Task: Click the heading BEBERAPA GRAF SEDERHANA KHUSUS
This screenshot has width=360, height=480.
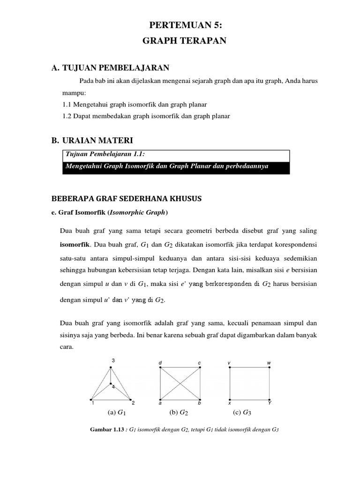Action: pyautogui.click(x=126, y=198)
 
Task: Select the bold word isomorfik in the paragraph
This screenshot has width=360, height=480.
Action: pyautogui.click(x=76, y=244)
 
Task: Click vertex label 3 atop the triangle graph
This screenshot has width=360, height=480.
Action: pyautogui.click(x=113, y=360)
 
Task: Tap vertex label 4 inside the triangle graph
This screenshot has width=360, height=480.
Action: pyautogui.click(x=113, y=386)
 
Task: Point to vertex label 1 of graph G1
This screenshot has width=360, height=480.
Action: pyautogui.click(x=93, y=403)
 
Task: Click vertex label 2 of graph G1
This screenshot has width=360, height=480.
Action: pyautogui.click(x=133, y=403)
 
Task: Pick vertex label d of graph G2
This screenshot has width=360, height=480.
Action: pyautogui.click(x=160, y=363)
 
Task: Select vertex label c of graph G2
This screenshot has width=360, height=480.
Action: pyautogui.click(x=199, y=363)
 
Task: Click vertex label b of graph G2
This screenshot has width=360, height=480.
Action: pyautogui.click(x=199, y=403)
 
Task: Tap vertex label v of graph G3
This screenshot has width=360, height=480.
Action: pyautogui.click(x=229, y=363)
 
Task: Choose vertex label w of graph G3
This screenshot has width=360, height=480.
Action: pyautogui.click(x=269, y=363)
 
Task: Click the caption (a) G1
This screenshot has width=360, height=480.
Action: pyautogui.click(x=117, y=413)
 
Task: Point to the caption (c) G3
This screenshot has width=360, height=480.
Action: pyautogui.click(x=242, y=413)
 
